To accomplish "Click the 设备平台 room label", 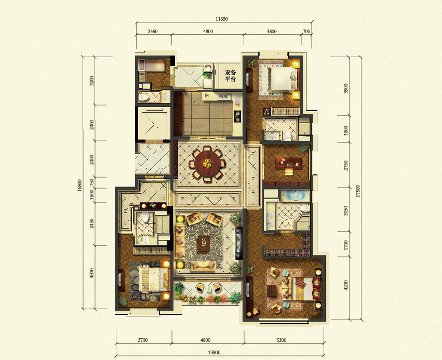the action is tap(230, 75).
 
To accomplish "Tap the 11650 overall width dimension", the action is tap(222, 19).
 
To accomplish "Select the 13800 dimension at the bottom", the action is tap(214, 352).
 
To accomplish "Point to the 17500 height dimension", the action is tap(358, 191).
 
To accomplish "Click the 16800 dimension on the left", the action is tap(79, 185).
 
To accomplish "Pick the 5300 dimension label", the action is tap(281, 340).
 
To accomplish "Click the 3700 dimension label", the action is tap(143, 340).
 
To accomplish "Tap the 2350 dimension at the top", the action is tap(153, 31).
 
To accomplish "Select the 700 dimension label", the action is tap(306, 31).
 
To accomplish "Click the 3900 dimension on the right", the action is tap(346, 88).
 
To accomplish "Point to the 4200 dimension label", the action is tap(346, 285).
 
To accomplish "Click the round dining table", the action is tap(207, 164).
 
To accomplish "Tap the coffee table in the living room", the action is tap(204, 243).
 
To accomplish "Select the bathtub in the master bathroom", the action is tap(294, 195).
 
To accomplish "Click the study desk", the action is tap(289, 163).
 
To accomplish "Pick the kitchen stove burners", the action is tap(238, 116).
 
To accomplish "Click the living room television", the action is tap(238, 244).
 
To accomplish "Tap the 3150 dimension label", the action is tap(346, 210).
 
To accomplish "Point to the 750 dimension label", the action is tap(91, 182).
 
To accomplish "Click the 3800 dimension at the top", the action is tap(272, 31).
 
